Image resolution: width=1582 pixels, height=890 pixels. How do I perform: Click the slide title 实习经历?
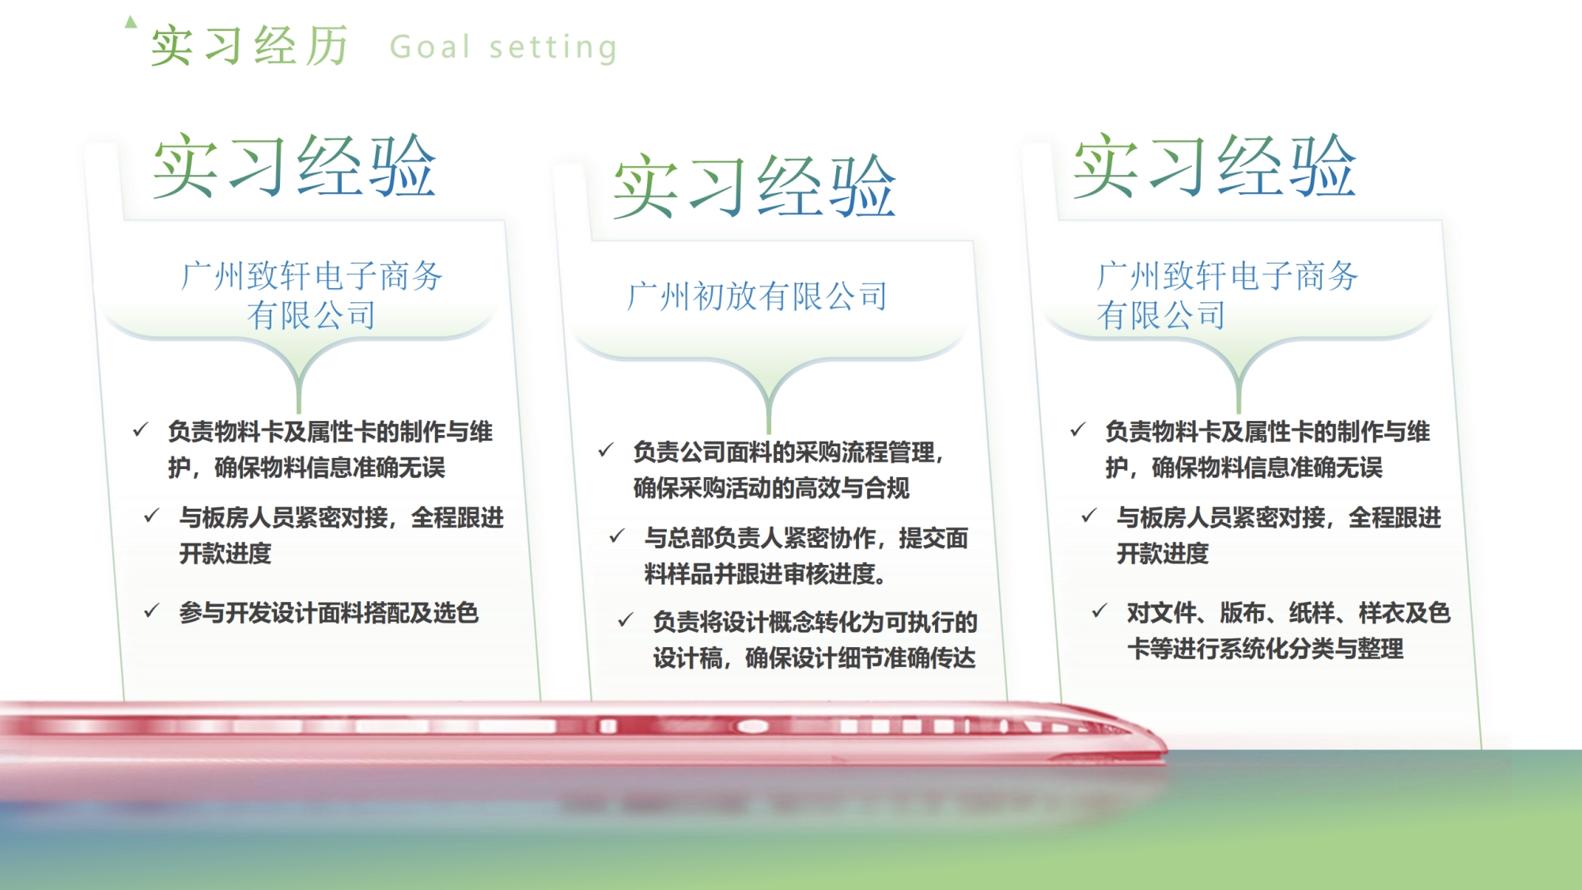[x=250, y=46]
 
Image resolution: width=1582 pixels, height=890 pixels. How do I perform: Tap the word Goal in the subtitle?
[x=430, y=47]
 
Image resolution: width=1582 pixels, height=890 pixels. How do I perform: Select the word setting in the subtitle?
[x=553, y=47]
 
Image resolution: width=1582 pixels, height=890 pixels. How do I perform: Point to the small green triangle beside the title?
[x=131, y=22]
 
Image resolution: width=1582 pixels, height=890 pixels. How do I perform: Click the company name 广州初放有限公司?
[x=757, y=297]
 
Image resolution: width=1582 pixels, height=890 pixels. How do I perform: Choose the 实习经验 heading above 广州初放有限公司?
[x=755, y=187]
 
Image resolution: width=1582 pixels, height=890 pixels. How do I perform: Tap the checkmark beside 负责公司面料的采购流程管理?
[x=606, y=450]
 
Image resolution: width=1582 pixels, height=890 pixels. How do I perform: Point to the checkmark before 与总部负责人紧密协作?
[x=617, y=536]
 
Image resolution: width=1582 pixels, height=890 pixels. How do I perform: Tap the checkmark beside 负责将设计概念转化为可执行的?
[x=626, y=619]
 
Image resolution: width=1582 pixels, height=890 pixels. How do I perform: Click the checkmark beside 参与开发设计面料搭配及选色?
[x=152, y=611]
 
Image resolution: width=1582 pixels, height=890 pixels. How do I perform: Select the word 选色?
[x=456, y=613]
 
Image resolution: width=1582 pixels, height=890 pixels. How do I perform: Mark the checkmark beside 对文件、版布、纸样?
[x=1099, y=611]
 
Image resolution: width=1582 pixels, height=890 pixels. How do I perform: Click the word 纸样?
[x=1312, y=613]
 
